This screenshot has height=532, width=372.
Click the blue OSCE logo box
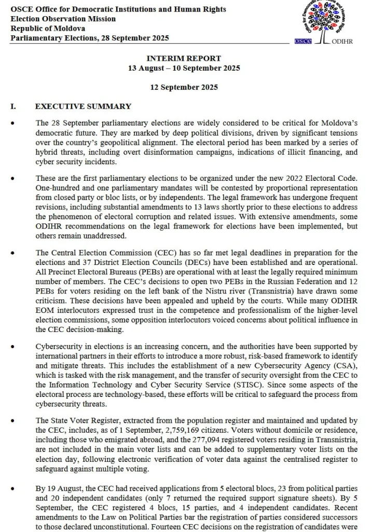tap(302, 41)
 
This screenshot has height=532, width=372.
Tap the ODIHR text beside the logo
tap(341, 42)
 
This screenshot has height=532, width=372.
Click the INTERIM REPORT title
tap(184, 59)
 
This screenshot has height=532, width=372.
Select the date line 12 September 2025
tap(184, 87)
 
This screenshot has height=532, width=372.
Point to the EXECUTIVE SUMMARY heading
tap(83, 107)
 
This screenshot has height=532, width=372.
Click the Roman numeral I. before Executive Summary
tap(13, 107)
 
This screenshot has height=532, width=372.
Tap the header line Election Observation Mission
tap(63, 19)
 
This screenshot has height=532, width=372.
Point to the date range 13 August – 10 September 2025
tap(184, 68)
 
